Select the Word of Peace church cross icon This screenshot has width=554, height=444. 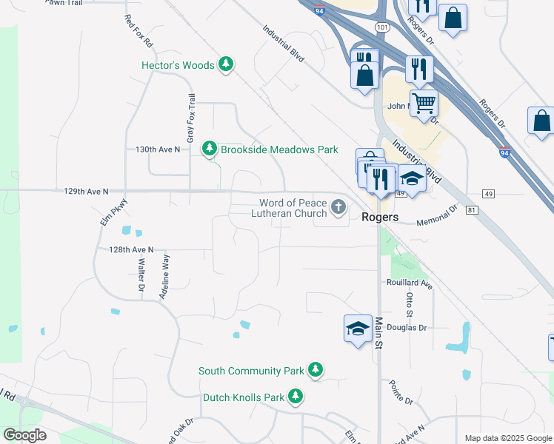(x=339, y=206)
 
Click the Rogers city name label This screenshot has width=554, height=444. (x=381, y=218)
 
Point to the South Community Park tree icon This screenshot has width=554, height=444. (x=316, y=369)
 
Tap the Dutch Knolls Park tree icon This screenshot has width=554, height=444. (x=296, y=397)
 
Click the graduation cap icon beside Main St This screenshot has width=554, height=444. (x=358, y=328)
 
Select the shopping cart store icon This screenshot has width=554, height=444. (x=424, y=103)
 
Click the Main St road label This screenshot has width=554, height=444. (x=378, y=334)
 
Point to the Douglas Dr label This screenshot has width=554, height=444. (x=407, y=327)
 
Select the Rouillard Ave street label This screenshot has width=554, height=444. (x=409, y=283)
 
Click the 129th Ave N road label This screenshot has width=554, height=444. (x=86, y=191)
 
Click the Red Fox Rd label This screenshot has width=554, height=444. (x=138, y=31)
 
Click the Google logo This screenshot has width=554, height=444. (x=24, y=435)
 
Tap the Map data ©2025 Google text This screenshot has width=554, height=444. (x=507, y=438)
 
